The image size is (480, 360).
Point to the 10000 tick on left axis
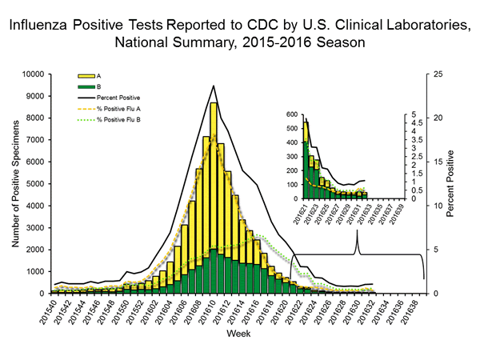(43, 74)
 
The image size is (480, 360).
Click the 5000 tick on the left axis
(46, 184)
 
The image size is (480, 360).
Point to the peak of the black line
(214, 86)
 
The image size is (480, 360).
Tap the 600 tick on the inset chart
(291, 114)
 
